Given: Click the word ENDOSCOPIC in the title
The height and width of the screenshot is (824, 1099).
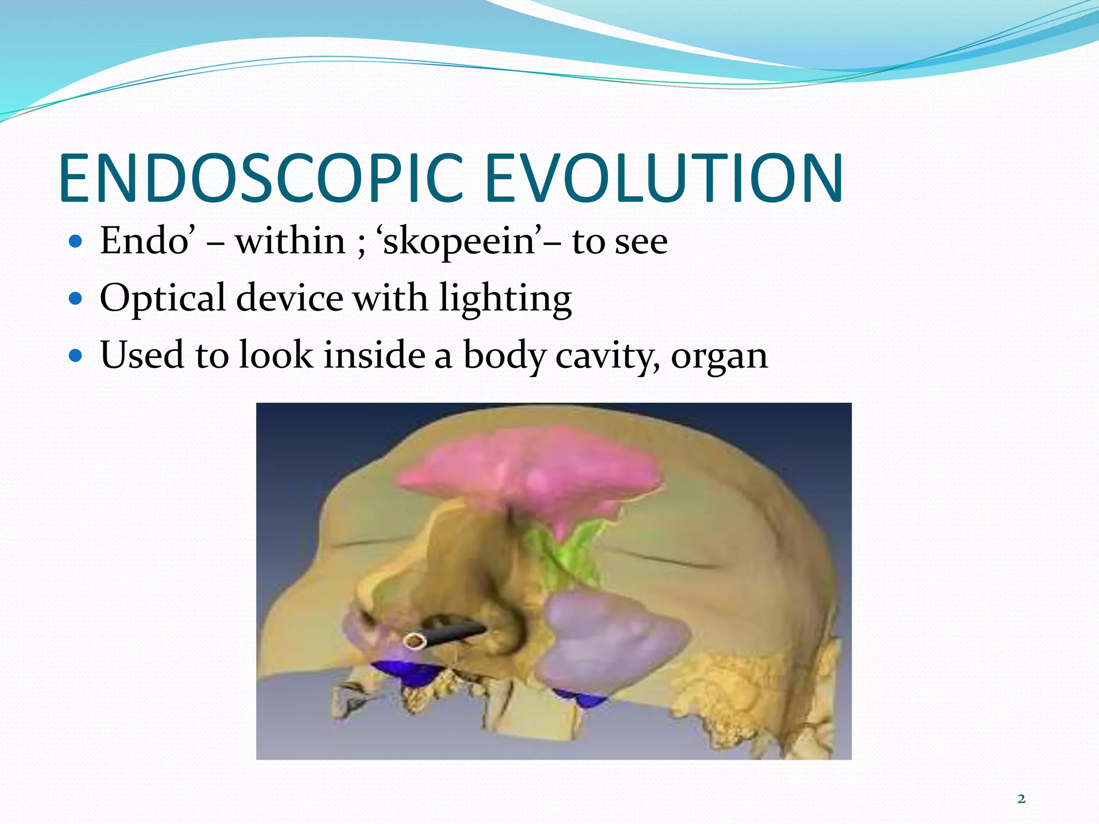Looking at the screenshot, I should point(261,178).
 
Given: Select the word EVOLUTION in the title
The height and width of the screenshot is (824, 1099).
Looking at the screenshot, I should point(664,178).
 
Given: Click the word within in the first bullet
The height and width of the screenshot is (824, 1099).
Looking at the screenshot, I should point(290,241).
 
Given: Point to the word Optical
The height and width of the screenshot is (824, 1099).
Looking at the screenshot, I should point(163,298).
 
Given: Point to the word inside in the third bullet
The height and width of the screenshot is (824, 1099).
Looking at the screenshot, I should point(375,355).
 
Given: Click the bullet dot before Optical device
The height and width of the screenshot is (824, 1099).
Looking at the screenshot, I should point(76,298).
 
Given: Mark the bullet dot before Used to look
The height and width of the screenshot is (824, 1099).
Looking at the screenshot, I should point(76,355).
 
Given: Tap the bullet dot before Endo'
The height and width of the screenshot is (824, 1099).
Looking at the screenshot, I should point(76,241).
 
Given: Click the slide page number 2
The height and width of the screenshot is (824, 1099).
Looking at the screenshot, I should point(1021,799).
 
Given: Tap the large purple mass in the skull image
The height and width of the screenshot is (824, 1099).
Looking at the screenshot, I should point(612,644).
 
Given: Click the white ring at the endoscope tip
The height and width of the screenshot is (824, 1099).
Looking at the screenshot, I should point(414,641).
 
